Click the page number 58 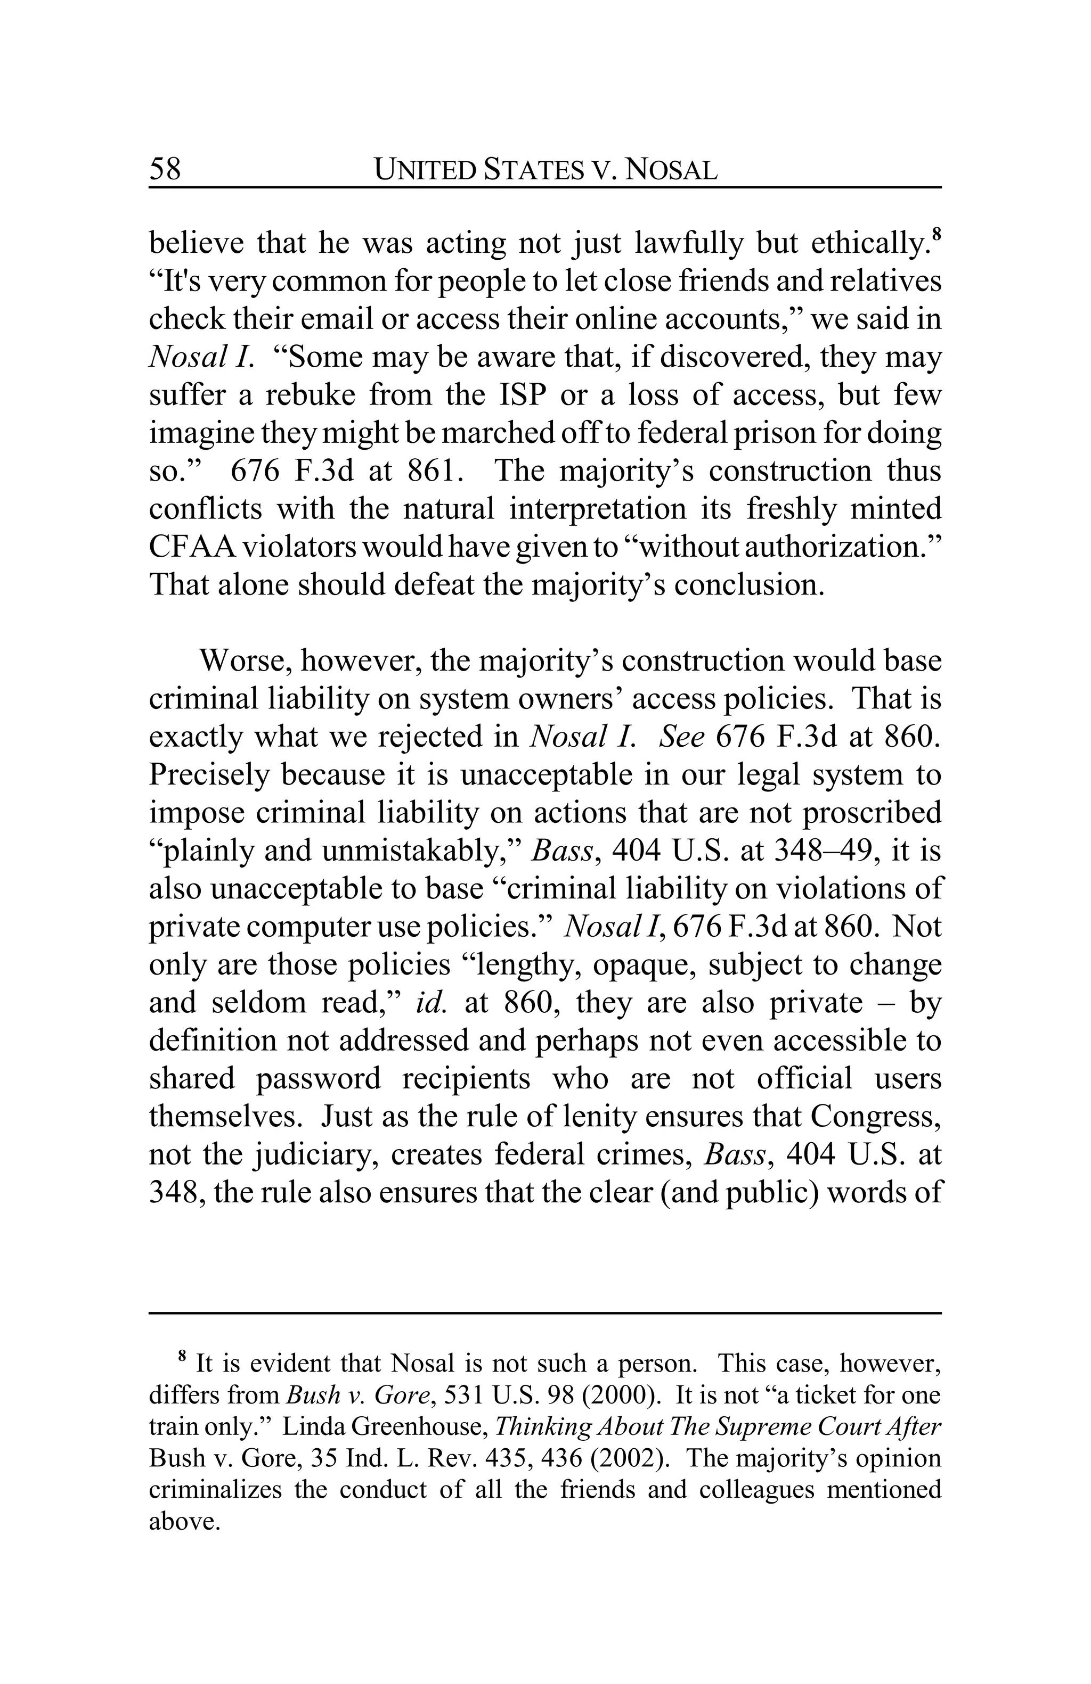165,169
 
